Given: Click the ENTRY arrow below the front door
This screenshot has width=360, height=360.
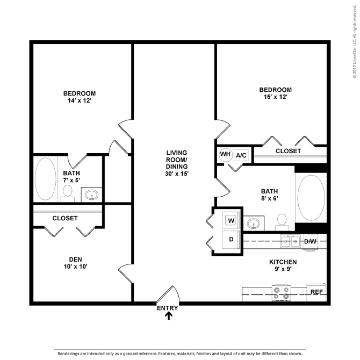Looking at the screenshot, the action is click(x=169, y=316).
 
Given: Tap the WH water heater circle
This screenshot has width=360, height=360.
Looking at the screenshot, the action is click(x=225, y=155).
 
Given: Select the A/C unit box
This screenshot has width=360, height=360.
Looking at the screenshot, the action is click(x=241, y=155).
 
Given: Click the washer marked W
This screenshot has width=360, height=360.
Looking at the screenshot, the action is click(x=231, y=221).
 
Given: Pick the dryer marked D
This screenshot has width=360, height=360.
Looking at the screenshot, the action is click(x=231, y=240).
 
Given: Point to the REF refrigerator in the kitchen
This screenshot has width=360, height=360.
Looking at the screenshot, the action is click(x=316, y=292).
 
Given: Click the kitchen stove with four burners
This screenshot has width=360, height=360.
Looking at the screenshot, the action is click(x=281, y=293).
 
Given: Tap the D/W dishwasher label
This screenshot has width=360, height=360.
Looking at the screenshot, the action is click(x=310, y=242).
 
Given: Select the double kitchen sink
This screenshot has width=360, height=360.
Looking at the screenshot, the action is click(x=291, y=241).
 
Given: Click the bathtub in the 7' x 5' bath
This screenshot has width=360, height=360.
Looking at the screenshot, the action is click(x=46, y=179).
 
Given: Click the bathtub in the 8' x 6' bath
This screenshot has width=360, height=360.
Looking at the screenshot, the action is click(x=311, y=198).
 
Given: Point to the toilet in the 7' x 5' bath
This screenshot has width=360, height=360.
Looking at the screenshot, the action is click(x=68, y=193).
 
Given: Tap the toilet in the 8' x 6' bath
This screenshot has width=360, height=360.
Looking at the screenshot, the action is click(x=282, y=222).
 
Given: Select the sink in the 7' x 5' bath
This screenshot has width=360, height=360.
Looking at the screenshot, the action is click(x=91, y=195).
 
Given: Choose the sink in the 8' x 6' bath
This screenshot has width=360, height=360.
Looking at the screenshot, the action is click(x=254, y=223).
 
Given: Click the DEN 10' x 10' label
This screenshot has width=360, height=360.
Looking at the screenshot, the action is click(x=76, y=263).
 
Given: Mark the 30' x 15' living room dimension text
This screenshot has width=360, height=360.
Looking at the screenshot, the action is click(x=177, y=174).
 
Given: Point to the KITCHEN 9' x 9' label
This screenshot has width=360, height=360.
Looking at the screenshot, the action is click(x=283, y=265).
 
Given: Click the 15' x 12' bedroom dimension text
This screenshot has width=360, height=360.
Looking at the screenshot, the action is click(x=276, y=97).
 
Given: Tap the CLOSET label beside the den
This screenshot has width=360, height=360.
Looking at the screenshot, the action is click(x=65, y=218).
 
